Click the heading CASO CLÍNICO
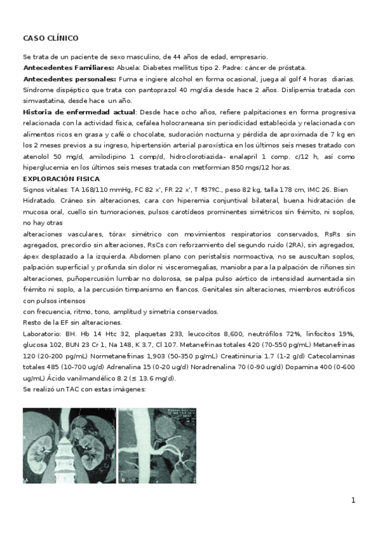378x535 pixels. point(50,38)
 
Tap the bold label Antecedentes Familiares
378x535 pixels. point(68,68)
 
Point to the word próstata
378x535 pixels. point(292,68)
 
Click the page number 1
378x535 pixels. point(353,500)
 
